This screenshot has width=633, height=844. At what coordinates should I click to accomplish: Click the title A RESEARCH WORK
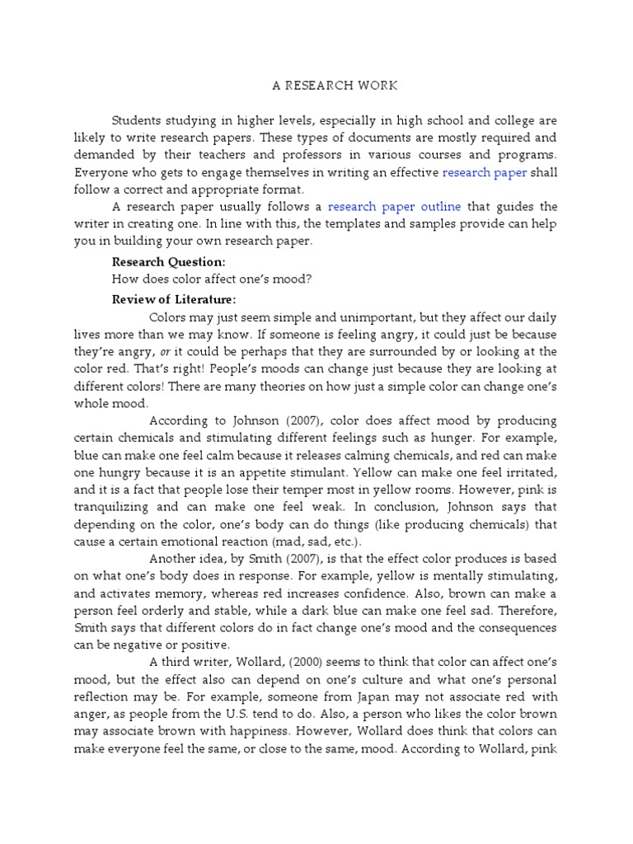[316, 85]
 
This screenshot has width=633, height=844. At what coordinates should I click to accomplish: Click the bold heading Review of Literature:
[174, 298]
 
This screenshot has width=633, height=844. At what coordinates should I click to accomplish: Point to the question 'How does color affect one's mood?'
[212, 280]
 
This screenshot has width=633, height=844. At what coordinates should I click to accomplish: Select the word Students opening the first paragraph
[140, 119]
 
